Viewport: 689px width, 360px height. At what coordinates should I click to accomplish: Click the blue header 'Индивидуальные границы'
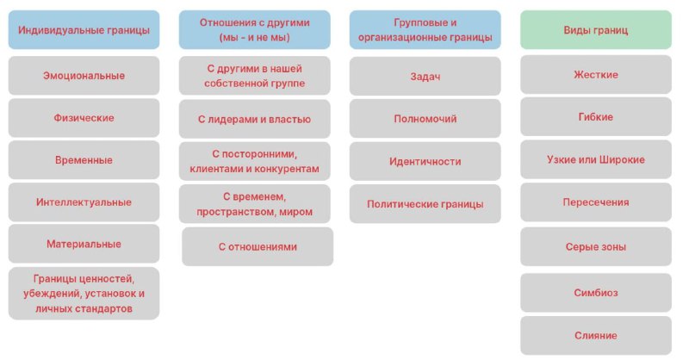click(84, 30)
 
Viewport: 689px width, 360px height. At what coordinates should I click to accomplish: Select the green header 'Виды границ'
click(596, 30)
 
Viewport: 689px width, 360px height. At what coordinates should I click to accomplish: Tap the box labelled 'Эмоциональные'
click(84, 76)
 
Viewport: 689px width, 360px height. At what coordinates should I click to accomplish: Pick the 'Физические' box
click(84, 118)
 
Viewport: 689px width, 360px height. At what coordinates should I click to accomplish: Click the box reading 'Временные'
click(84, 160)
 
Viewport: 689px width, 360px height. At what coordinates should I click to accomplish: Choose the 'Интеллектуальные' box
click(84, 202)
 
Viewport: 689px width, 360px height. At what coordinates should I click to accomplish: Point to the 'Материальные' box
click(84, 244)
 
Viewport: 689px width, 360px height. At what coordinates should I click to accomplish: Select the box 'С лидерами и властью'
click(254, 119)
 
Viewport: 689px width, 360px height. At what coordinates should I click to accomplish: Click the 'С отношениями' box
click(258, 246)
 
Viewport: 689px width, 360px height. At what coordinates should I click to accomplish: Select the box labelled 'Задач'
click(425, 76)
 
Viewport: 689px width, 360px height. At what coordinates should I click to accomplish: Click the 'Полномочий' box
click(425, 119)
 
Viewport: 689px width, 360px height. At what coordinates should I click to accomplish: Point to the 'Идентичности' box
click(425, 161)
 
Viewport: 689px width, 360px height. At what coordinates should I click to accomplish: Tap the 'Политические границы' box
click(425, 204)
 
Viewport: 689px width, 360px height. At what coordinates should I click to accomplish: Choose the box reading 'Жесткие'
click(596, 75)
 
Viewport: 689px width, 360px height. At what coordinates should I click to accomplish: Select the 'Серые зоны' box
click(596, 246)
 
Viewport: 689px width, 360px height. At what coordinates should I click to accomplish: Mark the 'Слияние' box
click(596, 335)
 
